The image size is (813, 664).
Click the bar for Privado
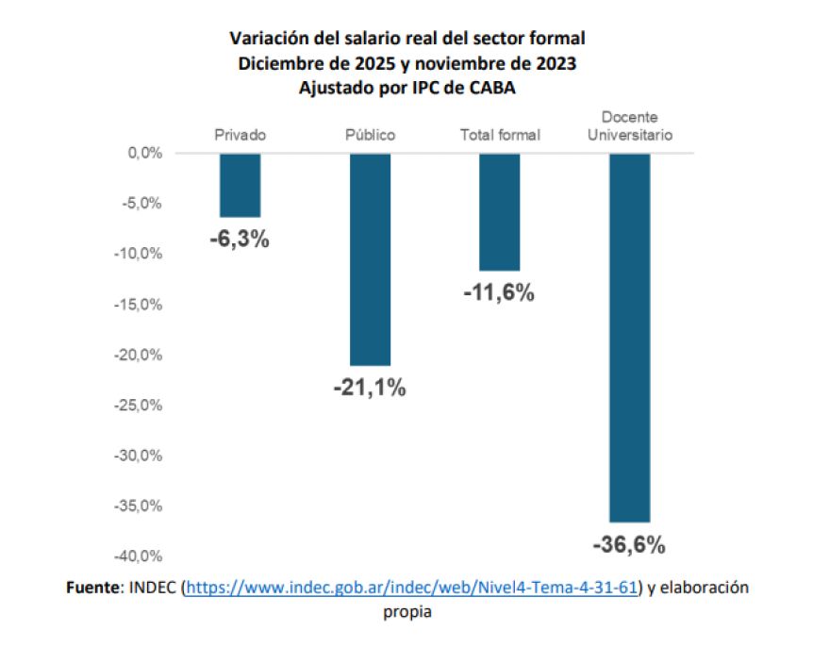pyautogui.click(x=240, y=185)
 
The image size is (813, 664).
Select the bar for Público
pyautogui.click(x=370, y=259)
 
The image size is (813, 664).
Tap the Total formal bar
pyautogui.click(x=500, y=211)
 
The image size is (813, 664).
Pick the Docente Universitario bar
pyautogui.click(x=629, y=337)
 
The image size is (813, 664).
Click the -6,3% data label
pyautogui.click(x=240, y=239)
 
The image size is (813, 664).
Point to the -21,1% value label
pyautogui.click(x=370, y=387)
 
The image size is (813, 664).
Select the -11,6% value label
pyautogui.click(x=500, y=293)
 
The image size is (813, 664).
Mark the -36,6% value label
pyautogui.click(x=629, y=544)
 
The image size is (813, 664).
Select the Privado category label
pyautogui.click(x=240, y=135)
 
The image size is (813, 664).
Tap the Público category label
pyautogui.click(x=370, y=135)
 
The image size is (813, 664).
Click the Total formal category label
pyautogui.click(x=500, y=135)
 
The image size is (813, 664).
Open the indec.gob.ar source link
pyautogui.click(x=413, y=588)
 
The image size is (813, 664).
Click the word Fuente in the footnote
pyautogui.click(x=92, y=588)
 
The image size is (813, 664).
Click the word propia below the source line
pyautogui.click(x=406, y=611)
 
